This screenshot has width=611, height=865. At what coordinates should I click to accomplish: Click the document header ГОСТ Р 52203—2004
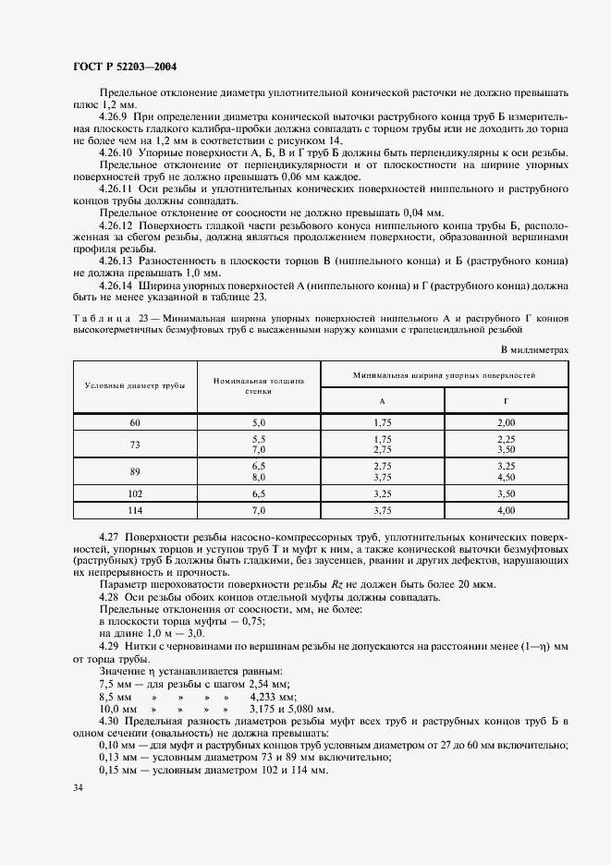tap(125, 67)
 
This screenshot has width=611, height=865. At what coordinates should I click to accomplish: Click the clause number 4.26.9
tap(116, 116)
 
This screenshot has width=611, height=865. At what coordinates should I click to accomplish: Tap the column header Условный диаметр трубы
tap(135, 385)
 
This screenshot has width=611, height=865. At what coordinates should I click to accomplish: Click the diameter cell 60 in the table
tap(135, 421)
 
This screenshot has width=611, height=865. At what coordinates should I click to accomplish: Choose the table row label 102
tap(135, 495)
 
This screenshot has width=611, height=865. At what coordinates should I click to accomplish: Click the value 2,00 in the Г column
tap(506, 421)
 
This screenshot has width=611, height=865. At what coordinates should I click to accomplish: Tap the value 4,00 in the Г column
tap(506, 509)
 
